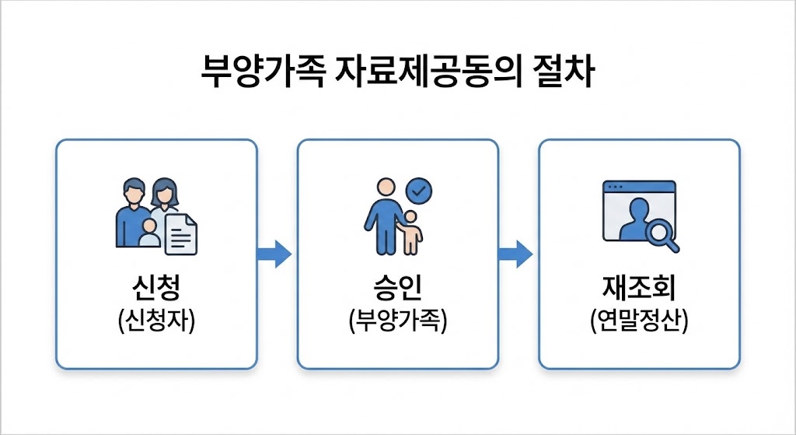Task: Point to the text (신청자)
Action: click(x=156, y=321)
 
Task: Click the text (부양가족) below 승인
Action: click(x=397, y=321)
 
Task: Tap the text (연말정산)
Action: click(x=639, y=321)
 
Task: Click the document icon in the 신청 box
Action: click(x=181, y=233)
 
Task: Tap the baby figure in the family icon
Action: click(x=149, y=233)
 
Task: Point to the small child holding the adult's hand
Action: click(x=410, y=231)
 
